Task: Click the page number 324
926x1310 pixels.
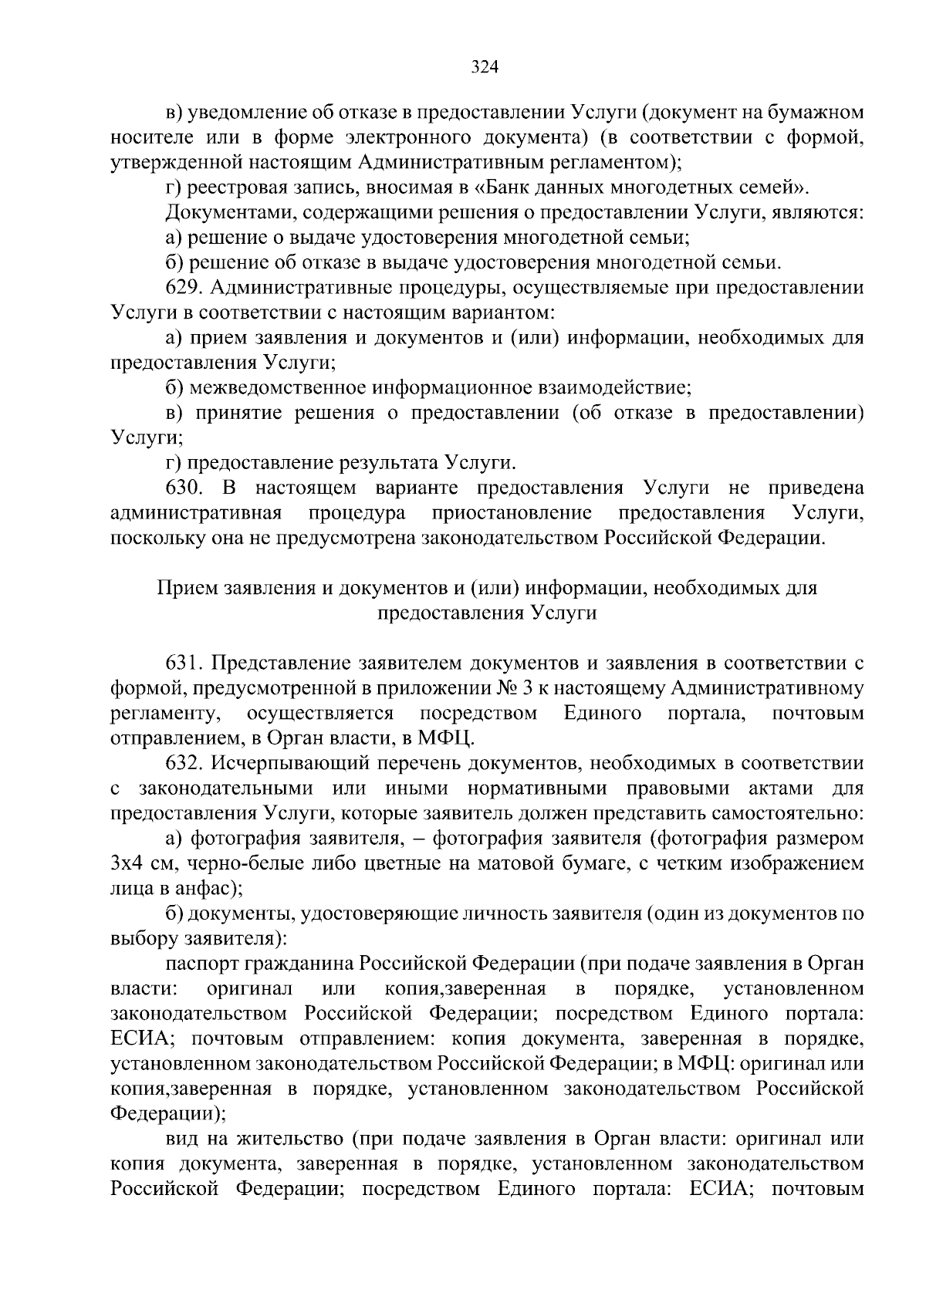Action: coord(485,67)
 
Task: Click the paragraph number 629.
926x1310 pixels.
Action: coord(184,288)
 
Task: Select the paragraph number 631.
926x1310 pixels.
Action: coord(184,663)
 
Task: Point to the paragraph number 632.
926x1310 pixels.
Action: coord(184,764)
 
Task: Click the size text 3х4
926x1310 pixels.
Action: coord(126,864)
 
